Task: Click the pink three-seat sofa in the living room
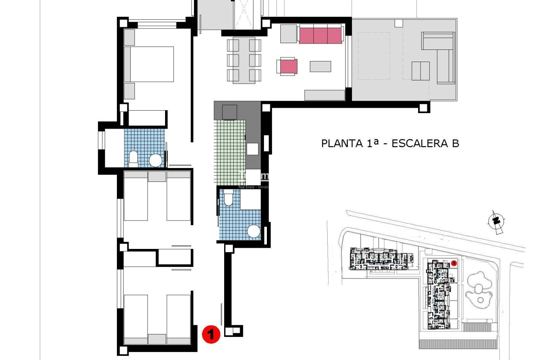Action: [x=321, y=35]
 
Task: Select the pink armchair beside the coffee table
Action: [x=288, y=67]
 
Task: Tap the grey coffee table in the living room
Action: [x=320, y=66]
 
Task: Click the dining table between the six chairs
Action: [x=244, y=60]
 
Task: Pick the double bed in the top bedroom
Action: [x=149, y=64]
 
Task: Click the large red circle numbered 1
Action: [x=211, y=334]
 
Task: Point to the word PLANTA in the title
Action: [x=342, y=143]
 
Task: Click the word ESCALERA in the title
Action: [x=420, y=143]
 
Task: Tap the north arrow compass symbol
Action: [x=496, y=221]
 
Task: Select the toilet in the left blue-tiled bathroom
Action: [x=133, y=158]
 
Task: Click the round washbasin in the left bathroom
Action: [x=156, y=160]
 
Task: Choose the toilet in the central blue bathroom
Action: [x=228, y=197]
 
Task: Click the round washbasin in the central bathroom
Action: [x=253, y=231]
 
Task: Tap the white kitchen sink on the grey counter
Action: [x=253, y=149]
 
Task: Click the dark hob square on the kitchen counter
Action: [x=230, y=112]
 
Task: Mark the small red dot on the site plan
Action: [x=454, y=263]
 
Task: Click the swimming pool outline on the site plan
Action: [x=479, y=289]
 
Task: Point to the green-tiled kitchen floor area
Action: [x=230, y=151]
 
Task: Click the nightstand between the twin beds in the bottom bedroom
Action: [x=157, y=339]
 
